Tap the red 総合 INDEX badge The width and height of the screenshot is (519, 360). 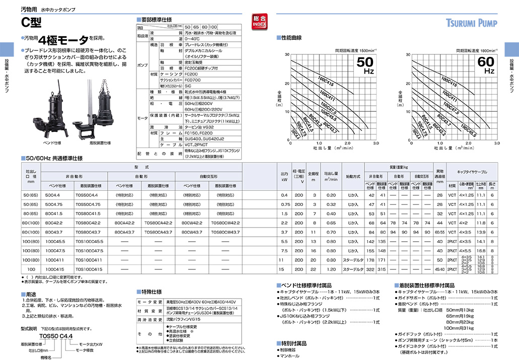[x=260, y=23]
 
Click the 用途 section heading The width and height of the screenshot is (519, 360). [x=31, y=294]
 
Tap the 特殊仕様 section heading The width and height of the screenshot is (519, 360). [x=151, y=292]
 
